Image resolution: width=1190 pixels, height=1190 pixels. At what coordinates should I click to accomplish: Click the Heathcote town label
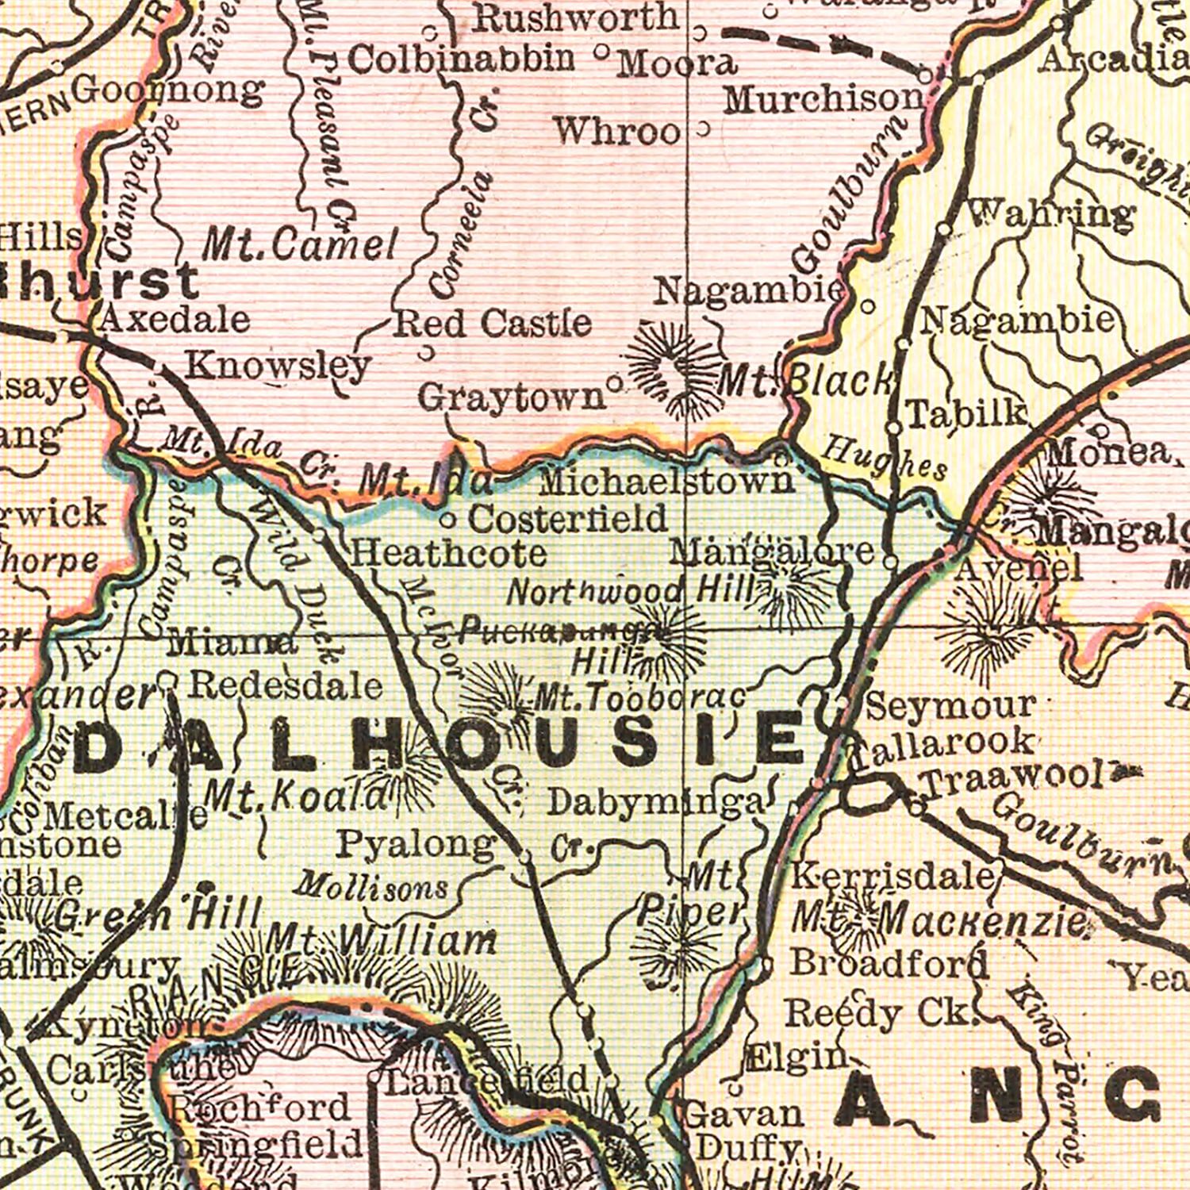pos(448,553)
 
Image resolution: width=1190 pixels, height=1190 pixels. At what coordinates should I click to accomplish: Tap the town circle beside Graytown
pos(614,384)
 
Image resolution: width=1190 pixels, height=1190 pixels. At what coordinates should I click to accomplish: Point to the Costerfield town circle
pos(447,521)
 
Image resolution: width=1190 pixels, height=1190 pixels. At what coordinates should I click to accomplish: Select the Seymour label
pos(950,704)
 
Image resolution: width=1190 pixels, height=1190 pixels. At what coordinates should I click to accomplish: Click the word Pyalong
pos(416,844)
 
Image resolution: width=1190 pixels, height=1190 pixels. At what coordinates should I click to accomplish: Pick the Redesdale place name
pos(286,685)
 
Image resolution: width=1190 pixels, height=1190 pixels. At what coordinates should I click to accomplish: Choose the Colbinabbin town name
pos(461,58)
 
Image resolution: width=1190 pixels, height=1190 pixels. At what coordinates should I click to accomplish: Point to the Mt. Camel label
pos(299,246)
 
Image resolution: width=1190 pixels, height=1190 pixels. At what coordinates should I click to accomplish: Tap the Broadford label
pos(889,963)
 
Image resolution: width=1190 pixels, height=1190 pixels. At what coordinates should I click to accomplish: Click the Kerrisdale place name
pos(893,876)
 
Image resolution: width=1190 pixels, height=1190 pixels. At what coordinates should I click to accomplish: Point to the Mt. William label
pos(381,942)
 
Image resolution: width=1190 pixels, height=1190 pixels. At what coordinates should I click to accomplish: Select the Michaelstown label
pos(666,481)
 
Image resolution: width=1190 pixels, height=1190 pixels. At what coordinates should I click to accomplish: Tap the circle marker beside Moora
pos(601,53)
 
